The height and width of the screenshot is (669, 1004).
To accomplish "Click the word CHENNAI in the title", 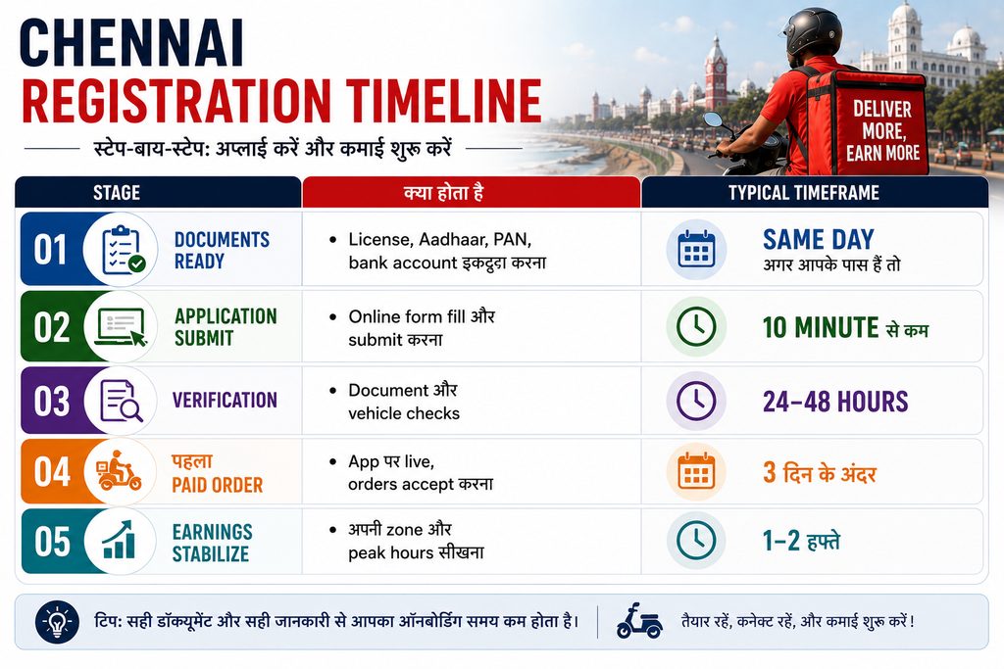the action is point(132,43).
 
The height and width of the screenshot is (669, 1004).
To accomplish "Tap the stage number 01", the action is point(51,250).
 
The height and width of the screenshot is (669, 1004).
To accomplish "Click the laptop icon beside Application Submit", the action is point(121,327).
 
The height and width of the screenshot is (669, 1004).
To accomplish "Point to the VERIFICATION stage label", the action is point(225,401).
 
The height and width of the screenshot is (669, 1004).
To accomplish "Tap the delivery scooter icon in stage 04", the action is point(119,471).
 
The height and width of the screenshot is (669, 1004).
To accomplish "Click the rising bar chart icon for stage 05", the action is point(119,540).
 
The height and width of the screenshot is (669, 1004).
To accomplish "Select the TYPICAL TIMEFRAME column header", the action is point(804,193).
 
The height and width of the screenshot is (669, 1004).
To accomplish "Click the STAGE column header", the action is point(117,193).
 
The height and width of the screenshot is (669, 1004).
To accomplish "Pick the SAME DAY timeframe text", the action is point(819,239).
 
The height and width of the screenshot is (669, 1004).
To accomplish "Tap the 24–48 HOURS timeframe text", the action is point(835,402).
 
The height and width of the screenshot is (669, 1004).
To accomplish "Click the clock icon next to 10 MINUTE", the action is point(697,326).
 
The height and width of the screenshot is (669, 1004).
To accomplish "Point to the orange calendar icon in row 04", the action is point(696,471).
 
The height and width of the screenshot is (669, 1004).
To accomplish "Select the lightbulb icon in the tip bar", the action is point(58,621).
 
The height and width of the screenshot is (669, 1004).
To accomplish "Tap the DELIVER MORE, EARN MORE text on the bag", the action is point(883,130).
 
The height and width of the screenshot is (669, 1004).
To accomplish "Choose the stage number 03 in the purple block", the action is point(51,401).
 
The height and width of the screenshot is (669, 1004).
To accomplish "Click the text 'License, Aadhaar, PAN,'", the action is point(440,239).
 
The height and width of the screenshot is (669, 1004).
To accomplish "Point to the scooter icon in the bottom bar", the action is point(639,621).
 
